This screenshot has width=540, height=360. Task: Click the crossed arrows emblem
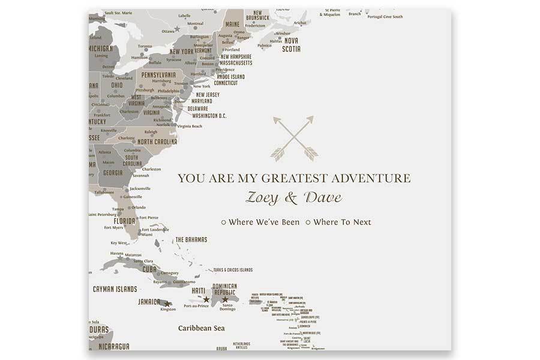tap(293, 139)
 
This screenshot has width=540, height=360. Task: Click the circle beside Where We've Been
tap(224, 223)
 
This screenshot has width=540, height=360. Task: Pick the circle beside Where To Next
tap(308, 223)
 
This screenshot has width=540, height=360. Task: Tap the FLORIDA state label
tap(125, 221)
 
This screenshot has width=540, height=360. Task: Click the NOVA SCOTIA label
tap(292, 45)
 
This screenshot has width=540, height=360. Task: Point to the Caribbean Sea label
tap(202, 328)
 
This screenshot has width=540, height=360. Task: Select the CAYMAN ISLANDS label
tap(115, 289)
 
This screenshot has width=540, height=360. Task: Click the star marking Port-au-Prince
tap(206, 299)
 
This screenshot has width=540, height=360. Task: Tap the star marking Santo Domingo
tap(225, 299)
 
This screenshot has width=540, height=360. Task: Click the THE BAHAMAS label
tap(191, 240)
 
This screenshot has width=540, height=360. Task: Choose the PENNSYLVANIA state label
tap(158, 74)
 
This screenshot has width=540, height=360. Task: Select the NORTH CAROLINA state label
tap(157, 142)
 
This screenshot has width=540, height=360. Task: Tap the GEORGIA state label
tap(113, 173)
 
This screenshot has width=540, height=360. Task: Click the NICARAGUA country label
tap(113, 346)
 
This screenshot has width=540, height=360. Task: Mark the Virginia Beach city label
tap(189, 127)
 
